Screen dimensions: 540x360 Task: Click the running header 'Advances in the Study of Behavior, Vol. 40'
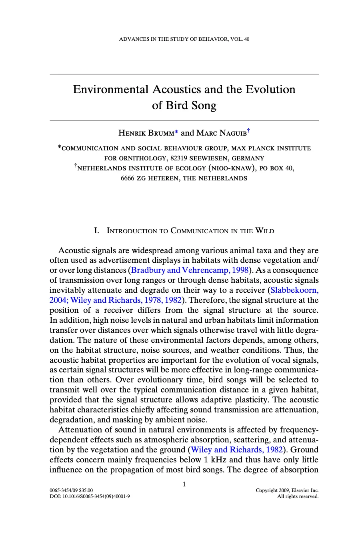coord(184,39)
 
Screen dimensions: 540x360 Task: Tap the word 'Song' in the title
coord(204,106)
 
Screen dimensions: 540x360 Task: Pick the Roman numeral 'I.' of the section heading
coord(96,231)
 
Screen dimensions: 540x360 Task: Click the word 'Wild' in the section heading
coord(265,231)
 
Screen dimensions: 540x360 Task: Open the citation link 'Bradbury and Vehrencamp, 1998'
coord(190,270)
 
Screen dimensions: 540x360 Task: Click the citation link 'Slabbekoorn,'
coord(294,290)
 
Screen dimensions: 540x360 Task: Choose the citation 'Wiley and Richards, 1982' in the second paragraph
coord(237,450)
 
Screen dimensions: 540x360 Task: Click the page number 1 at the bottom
coord(184,484)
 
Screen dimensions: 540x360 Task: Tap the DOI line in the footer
coord(90,497)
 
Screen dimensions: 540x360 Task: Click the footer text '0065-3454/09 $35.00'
coord(71,490)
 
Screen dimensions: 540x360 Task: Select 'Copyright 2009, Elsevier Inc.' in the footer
coord(287,490)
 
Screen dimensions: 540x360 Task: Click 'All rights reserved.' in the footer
coord(298,497)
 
